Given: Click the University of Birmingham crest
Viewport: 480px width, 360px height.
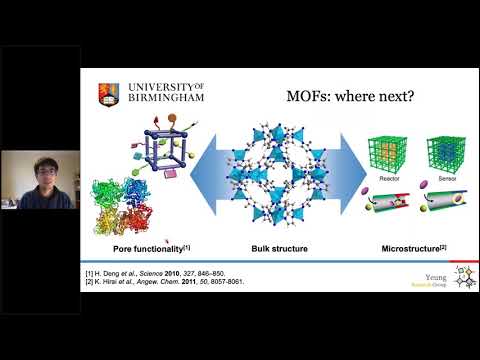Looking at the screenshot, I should click(x=105, y=93).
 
